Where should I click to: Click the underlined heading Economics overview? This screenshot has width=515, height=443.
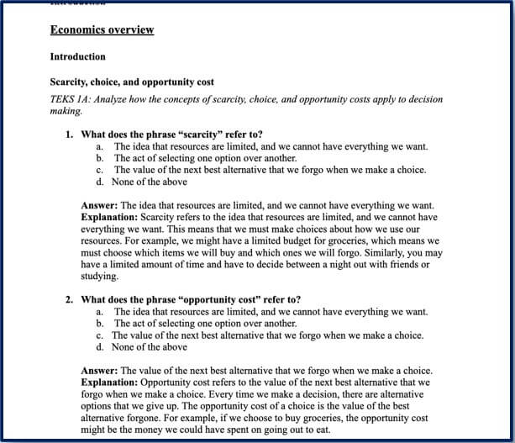[x=102, y=30]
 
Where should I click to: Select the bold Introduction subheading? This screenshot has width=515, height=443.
[x=77, y=57]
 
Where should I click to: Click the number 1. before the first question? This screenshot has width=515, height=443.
[x=70, y=134]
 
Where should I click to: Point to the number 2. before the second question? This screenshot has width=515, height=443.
[x=70, y=300]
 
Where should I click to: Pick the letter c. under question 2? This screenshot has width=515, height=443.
[x=99, y=335]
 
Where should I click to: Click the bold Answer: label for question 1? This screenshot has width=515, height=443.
[x=100, y=205]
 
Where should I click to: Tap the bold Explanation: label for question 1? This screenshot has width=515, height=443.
[x=110, y=217]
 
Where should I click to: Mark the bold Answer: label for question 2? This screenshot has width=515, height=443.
[x=100, y=371]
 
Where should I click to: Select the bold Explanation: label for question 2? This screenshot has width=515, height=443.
[x=110, y=382]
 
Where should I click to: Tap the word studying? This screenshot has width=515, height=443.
[x=99, y=276]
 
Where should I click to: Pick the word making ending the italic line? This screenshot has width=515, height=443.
[x=66, y=111]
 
